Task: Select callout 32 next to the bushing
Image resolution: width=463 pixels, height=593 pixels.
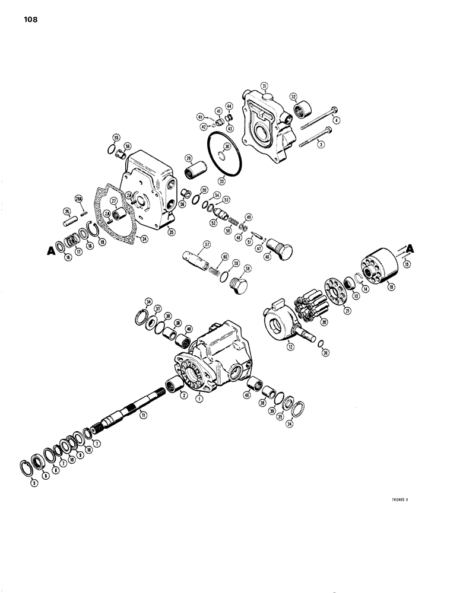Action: [293, 96]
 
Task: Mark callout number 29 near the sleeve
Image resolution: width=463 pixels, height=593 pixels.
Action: [188, 158]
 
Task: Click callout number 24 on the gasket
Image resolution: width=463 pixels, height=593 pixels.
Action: [143, 239]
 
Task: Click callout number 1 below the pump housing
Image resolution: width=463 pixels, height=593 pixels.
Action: [199, 400]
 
